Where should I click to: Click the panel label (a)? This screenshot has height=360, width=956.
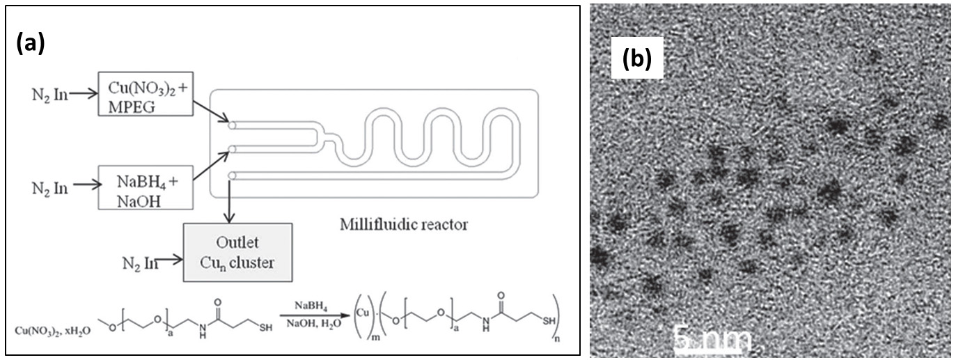[31, 43]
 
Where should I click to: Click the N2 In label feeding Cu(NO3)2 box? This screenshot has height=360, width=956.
[50, 94]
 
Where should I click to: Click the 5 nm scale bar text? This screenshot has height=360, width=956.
[712, 341]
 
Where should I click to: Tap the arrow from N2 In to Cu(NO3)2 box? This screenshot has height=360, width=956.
[82, 94]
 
